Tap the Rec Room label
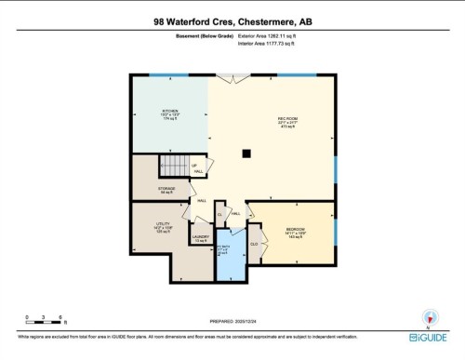click(x=287, y=121)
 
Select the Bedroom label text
click(x=295, y=233)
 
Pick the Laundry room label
click(x=200, y=239)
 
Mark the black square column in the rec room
click(x=246, y=153)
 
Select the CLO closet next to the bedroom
click(x=254, y=244)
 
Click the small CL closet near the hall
click(x=220, y=214)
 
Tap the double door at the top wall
click(x=226, y=75)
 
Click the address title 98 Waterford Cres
click(x=232, y=20)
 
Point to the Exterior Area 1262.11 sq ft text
click(x=276, y=35)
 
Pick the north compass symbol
click(x=429, y=317)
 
